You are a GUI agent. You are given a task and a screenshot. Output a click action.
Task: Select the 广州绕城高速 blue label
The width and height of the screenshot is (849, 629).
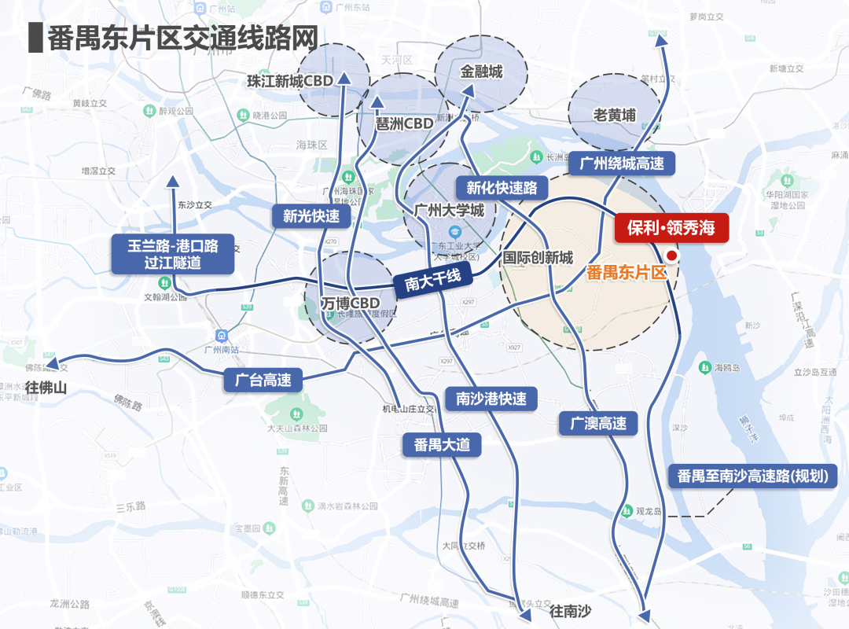point(621,164)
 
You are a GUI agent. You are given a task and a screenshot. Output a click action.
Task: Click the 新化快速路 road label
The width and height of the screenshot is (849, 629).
point(502,188)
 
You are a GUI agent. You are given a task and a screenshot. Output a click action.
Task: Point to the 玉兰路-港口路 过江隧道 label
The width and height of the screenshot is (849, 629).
point(173,255)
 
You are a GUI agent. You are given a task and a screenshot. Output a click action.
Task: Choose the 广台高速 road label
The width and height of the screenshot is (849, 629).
point(263,381)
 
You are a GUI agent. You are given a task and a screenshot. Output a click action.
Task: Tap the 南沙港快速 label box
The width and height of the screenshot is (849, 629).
point(491,399)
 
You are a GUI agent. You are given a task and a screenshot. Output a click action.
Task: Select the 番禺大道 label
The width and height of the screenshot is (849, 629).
point(442,444)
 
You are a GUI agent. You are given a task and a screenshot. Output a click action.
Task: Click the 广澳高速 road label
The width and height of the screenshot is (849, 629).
point(598,424)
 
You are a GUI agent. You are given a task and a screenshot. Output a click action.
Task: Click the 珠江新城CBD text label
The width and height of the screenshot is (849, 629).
point(289,81)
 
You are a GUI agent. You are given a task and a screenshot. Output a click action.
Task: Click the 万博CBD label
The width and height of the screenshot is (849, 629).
point(351,303)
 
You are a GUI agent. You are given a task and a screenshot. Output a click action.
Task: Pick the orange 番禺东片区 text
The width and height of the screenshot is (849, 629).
point(627,274)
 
